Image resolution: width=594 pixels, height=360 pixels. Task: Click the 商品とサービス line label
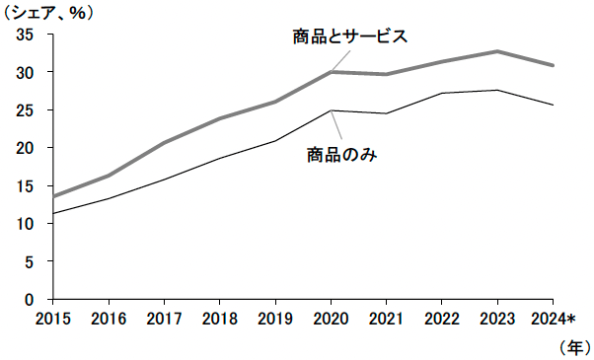pyautogui.click(x=349, y=36)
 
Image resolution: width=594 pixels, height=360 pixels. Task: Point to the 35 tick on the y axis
pyautogui.click(x=26, y=35)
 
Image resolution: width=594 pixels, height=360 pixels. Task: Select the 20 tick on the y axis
pyautogui.click(x=26, y=148)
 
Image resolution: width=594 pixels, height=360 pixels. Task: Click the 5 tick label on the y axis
pyautogui.click(x=30, y=261)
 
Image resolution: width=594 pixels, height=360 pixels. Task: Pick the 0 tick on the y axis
pyautogui.click(x=30, y=299)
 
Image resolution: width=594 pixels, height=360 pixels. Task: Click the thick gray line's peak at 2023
pyautogui.click(x=497, y=51)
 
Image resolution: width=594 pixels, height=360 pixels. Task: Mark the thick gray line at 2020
pyautogui.click(x=330, y=72)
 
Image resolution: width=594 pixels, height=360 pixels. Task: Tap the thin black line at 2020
pyautogui.click(x=330, y=110)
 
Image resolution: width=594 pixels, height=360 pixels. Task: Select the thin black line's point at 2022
pyautogui.click(x=441, y=94)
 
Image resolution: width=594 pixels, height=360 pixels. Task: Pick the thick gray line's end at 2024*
pyautogui.click(x=553, y=65)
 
